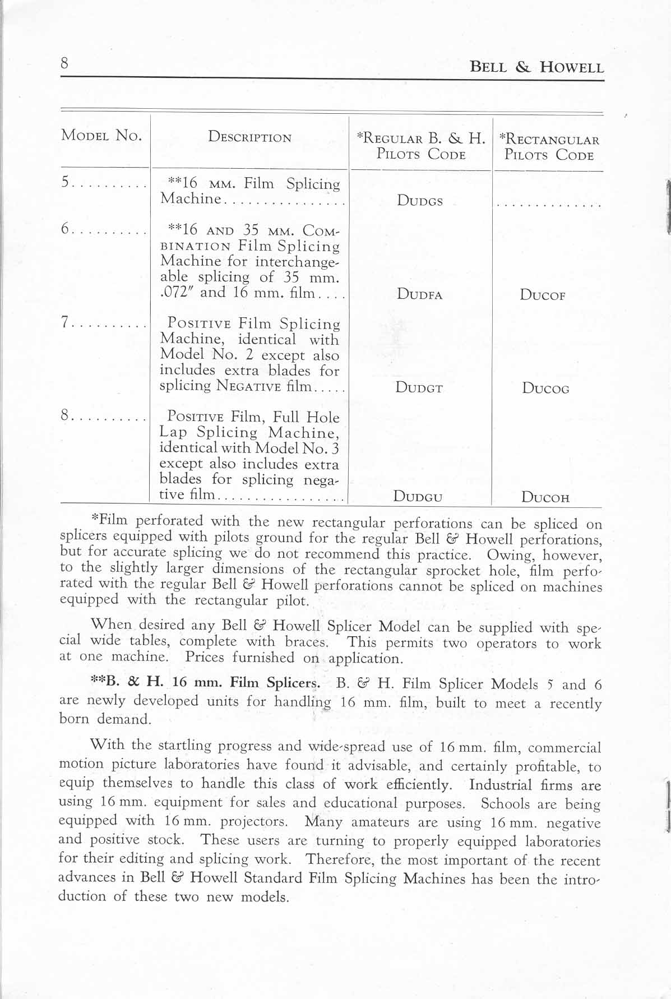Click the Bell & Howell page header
(x=536, y=68)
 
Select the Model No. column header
(x=101, y=136)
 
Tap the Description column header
(x=249, y=137)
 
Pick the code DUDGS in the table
(x=420, y=201)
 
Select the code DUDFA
(x=419, y=294)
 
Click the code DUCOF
(x=542, y=295)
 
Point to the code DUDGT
(x=419, y=387)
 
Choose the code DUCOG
(x=545, y=388)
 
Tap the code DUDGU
(x=418, y=496)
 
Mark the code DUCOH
(x=545, y=497)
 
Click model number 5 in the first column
(x=65, y=183)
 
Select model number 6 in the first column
(x=65, y=229)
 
